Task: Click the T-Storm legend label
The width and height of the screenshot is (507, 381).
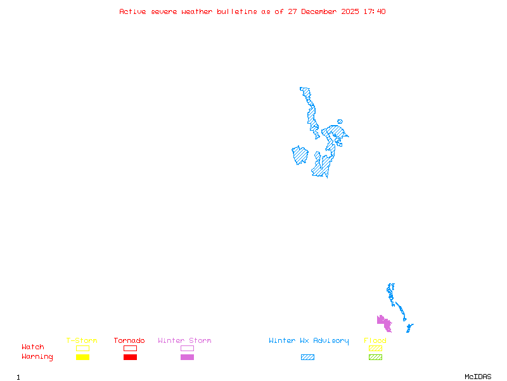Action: (82, 341)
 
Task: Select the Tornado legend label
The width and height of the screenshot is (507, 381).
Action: (129, 341)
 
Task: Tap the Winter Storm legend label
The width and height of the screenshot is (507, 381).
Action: (184, 341)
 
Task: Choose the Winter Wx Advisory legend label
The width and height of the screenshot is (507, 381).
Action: (309, 341)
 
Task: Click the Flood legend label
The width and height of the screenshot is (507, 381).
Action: (375, 341)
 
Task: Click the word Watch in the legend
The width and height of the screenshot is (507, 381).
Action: (33, 347)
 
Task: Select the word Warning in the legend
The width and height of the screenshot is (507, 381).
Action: (37, 357)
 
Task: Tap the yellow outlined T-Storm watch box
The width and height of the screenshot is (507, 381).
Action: (82, 348)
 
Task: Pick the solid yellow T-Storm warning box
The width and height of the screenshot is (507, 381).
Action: (82, 358)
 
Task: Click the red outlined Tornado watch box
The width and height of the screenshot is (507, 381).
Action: (130, 348)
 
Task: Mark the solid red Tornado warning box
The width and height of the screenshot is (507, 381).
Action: (130, 358)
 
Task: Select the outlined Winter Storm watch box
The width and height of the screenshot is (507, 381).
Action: (187, 348)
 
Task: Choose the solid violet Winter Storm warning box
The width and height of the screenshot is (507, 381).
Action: (187, 358)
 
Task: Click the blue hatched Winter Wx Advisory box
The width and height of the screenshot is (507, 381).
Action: (307, 358)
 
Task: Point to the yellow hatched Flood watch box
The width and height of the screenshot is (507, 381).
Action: (375, 348)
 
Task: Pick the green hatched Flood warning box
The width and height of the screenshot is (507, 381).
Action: (375, 358)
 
